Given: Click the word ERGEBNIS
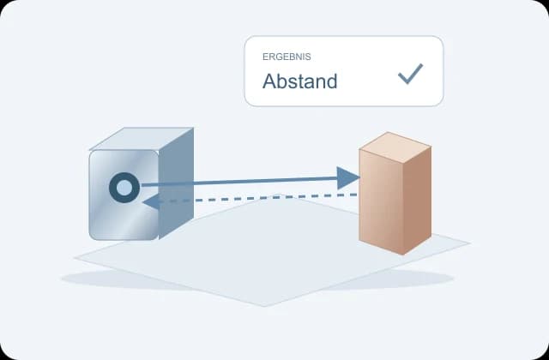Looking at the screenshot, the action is point(287,57).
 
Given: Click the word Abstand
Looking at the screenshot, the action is point(299,81).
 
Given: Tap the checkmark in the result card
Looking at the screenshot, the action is point(410,74).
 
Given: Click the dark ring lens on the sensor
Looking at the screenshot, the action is point(124,177).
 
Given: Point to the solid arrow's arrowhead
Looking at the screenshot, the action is point(348,178).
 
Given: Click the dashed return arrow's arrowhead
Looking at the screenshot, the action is point(151,202).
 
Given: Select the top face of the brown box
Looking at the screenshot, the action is point(395,147).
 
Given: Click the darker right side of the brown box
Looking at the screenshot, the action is point(418,200).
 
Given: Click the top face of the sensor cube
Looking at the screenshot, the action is point(142,139).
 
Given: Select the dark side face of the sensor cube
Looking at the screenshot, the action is point(176,183).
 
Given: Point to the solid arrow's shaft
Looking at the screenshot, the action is point(238,182).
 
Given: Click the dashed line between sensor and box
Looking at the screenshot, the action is point(258,198).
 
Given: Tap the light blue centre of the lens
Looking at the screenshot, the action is point(124,188).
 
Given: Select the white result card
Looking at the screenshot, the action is point(344,71).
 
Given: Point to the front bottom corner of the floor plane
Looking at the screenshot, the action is point(264,307).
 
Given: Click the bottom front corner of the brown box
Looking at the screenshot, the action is point(403,255).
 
